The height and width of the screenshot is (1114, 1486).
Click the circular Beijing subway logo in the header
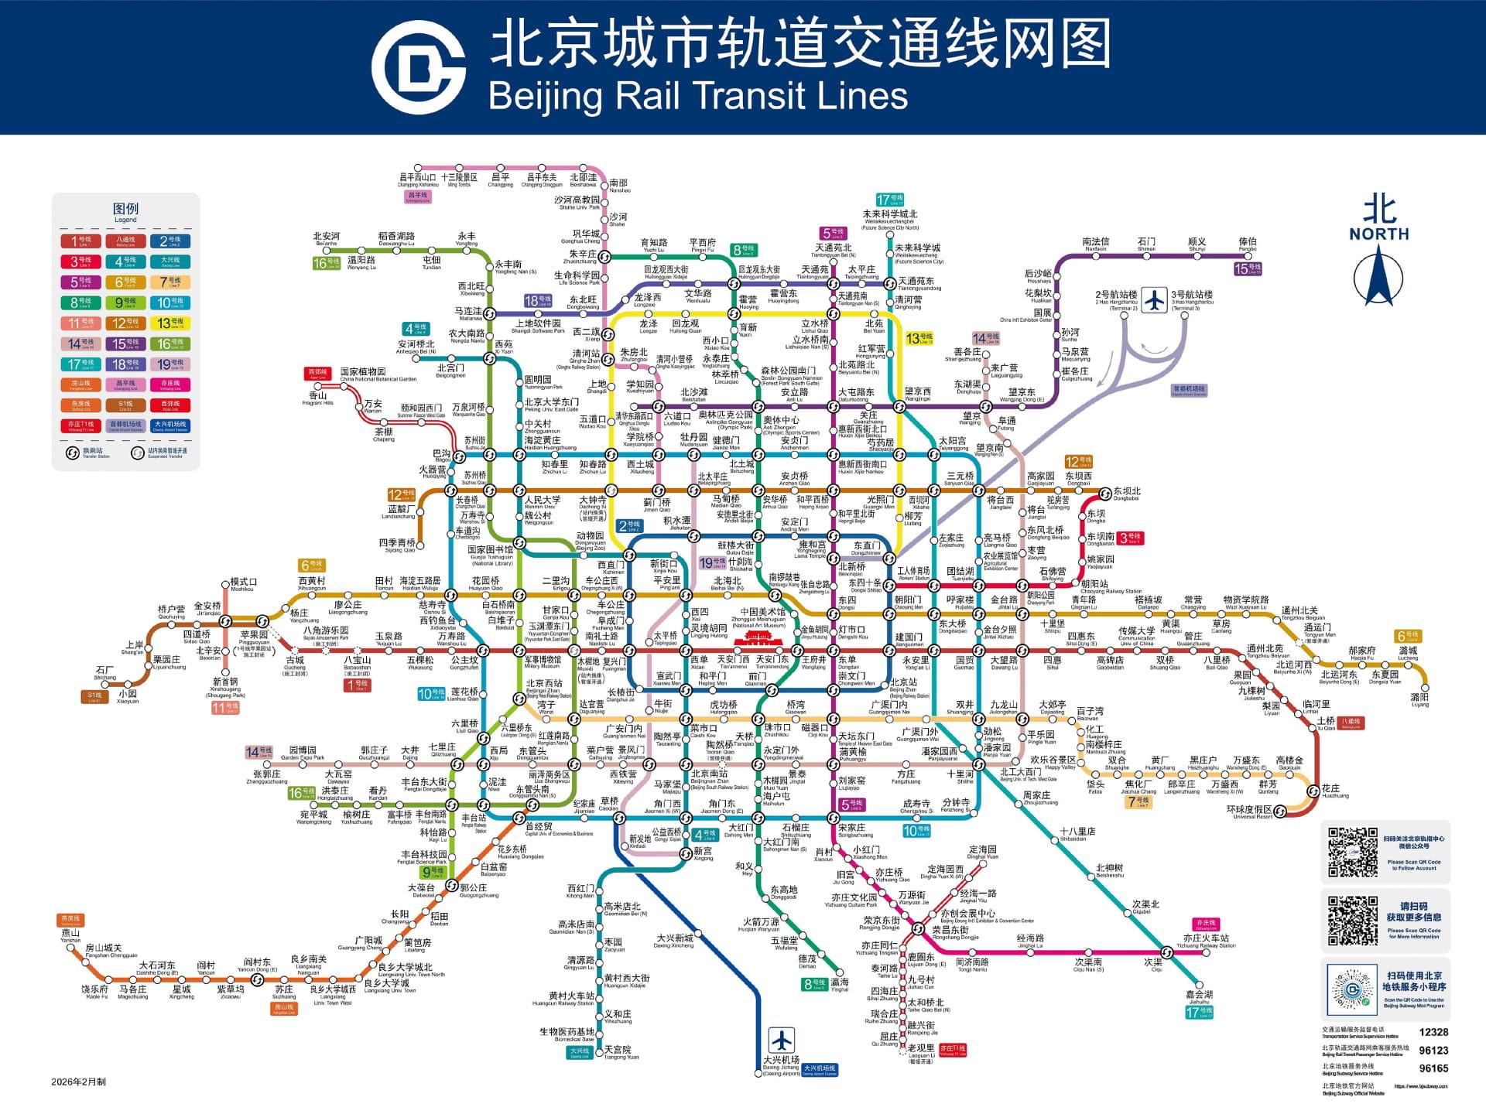pyautogui.click(x=418, y=67)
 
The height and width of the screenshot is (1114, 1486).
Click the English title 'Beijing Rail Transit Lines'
pyautogui.click(x=697, y=97)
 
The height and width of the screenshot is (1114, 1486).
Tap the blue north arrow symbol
pyautogui.click(x=1378, y=283)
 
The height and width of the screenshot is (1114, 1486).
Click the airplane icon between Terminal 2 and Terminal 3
pyautogui.click(x=1154, y=299)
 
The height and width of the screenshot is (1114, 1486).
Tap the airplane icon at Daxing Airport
pyautogui.click(x=781, y=1040)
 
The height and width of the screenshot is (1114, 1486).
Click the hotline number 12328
pyautogui.click(x=1433, y=1032)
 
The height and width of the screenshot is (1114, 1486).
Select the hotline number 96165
pyautogui.click(x=1433, y=1068)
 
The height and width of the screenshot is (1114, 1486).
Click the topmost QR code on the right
pyautogui.click(x=1352, y=853)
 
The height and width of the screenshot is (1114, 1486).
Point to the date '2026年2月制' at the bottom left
pyautogui.click(x=78, y=1082)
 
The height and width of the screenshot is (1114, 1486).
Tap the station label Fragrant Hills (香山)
pyautogui.click(x=317, y=397)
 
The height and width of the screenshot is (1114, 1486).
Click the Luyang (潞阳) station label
pyautogui.click(x=1419, y=699)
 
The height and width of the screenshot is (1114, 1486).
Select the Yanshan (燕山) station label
pyautogui.click(x=70, y=935)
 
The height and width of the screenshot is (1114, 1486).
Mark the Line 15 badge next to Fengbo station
pyautogui.click(x=1247, y=268)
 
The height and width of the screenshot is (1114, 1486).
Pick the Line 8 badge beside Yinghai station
pyautogui.click(x=815, y=984)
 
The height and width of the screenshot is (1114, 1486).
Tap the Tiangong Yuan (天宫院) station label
pyautogui.click(x=618, y=1051)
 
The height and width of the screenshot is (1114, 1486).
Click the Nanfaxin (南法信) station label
pyautogui.click(x=1095, y=243)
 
